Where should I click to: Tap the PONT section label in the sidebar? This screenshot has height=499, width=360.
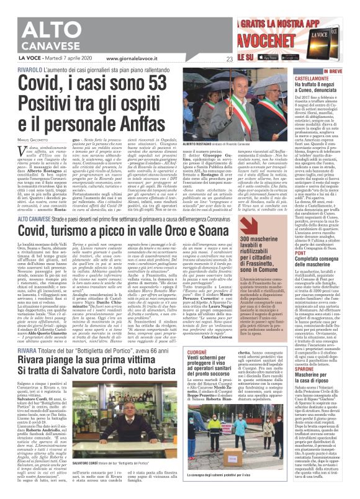click(318, 253)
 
